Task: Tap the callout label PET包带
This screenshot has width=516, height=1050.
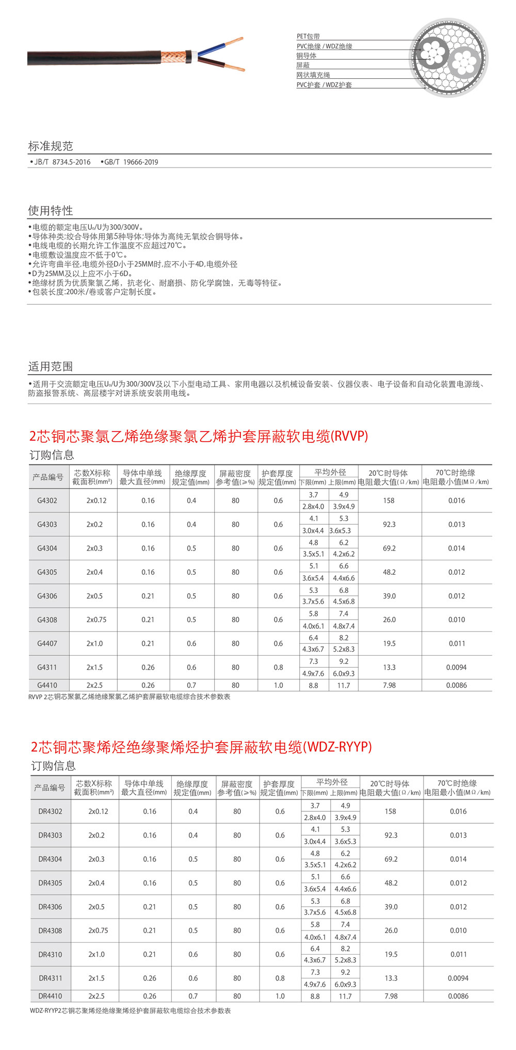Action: click(308, 37)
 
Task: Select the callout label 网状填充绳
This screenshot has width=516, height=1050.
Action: click(313, 75)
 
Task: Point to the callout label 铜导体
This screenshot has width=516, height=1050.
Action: click(306, 56)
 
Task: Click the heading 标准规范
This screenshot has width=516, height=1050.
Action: click(51, 146)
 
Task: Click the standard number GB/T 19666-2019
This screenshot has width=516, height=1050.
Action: click(130, 162)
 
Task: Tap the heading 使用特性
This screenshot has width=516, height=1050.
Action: click(51, 210)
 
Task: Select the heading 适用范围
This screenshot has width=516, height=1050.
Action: click(51, 366)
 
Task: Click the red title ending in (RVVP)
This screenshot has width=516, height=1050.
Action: click(199, 437)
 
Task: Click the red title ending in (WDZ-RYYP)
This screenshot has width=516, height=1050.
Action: click(201, 747)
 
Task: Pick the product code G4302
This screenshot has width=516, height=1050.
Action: click(47, 501)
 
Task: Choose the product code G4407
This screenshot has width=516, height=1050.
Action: click(47, 644)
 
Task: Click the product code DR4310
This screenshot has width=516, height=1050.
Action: click(50, 955)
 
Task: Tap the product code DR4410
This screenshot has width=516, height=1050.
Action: click(50, 996)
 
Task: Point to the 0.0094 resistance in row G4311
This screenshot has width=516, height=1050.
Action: click(457, 668)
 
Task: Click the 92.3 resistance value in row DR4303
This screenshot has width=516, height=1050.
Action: click(391, 835)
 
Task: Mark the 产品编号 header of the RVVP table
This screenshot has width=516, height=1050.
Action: click(48, 477)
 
